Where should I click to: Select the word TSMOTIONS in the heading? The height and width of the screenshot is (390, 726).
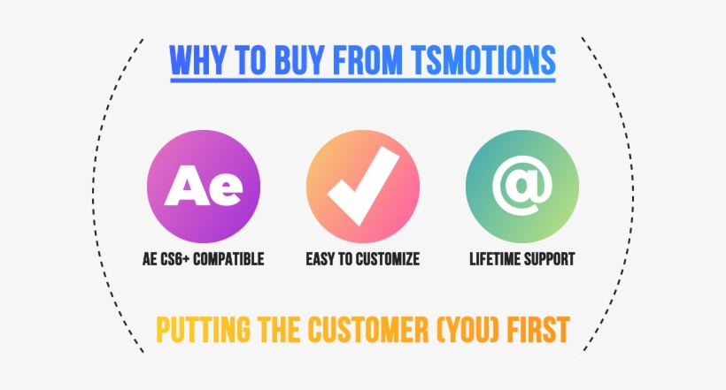(483, 60)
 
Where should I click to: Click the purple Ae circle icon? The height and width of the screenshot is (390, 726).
(204, 187)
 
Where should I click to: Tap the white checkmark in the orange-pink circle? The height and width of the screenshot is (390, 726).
(364, 185)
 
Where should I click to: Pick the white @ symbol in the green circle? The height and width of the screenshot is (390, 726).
(522, 185)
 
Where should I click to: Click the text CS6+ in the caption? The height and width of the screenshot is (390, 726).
(174, 259)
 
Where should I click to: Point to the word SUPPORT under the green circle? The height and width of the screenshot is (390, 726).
(549, 259)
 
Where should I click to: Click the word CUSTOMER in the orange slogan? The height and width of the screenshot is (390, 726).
(368, 330)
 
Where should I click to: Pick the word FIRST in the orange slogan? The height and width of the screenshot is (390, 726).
(538, 330)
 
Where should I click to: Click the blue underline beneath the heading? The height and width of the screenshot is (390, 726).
(363, 81)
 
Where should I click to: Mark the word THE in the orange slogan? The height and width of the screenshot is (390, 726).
(278, 330)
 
